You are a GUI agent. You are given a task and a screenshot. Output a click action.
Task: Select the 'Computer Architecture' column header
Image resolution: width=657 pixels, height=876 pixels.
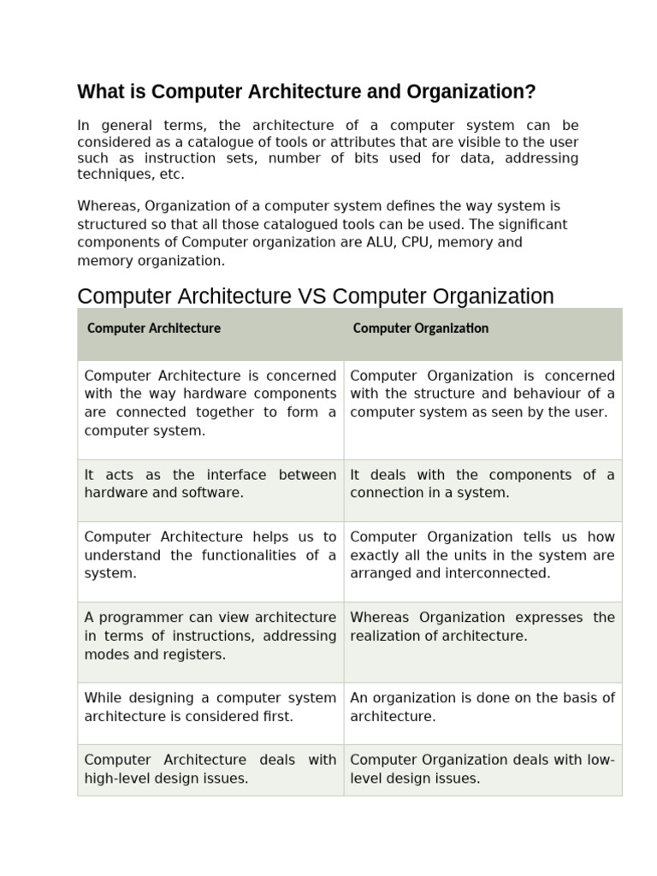click(154, 328)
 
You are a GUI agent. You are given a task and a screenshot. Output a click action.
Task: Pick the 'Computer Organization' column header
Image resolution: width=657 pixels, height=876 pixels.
click(420, 328)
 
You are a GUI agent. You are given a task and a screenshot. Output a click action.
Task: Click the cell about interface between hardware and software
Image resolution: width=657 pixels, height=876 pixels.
click(210, 483)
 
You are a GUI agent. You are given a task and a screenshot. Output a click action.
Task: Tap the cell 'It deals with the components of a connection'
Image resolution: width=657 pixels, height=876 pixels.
click(482, 483)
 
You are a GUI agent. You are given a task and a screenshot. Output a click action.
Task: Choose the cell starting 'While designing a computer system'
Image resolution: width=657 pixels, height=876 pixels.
click(210, 707)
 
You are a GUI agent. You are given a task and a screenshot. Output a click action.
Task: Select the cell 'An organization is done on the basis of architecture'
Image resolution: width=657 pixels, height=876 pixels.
click(482, 707)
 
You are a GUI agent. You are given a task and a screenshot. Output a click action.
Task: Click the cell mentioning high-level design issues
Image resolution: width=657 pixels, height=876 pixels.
click(210, 769)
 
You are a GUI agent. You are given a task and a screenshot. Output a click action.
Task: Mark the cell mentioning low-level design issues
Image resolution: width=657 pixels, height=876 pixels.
click(482, 769)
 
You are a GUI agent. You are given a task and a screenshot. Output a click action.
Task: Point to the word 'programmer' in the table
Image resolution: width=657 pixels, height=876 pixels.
click(139, 618)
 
